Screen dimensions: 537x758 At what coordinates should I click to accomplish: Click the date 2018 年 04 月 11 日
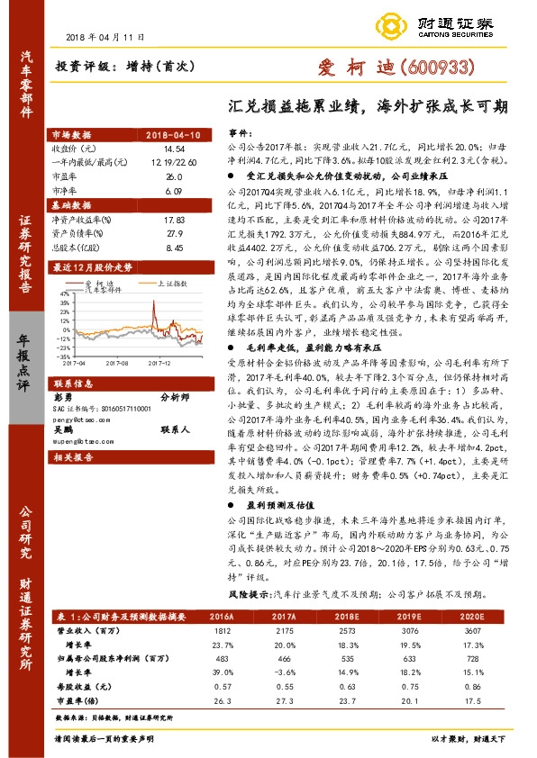click(105, 36)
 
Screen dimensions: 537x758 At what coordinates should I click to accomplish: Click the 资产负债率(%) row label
click(81, 232)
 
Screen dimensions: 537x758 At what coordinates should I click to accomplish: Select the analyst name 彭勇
click(62, 395)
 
